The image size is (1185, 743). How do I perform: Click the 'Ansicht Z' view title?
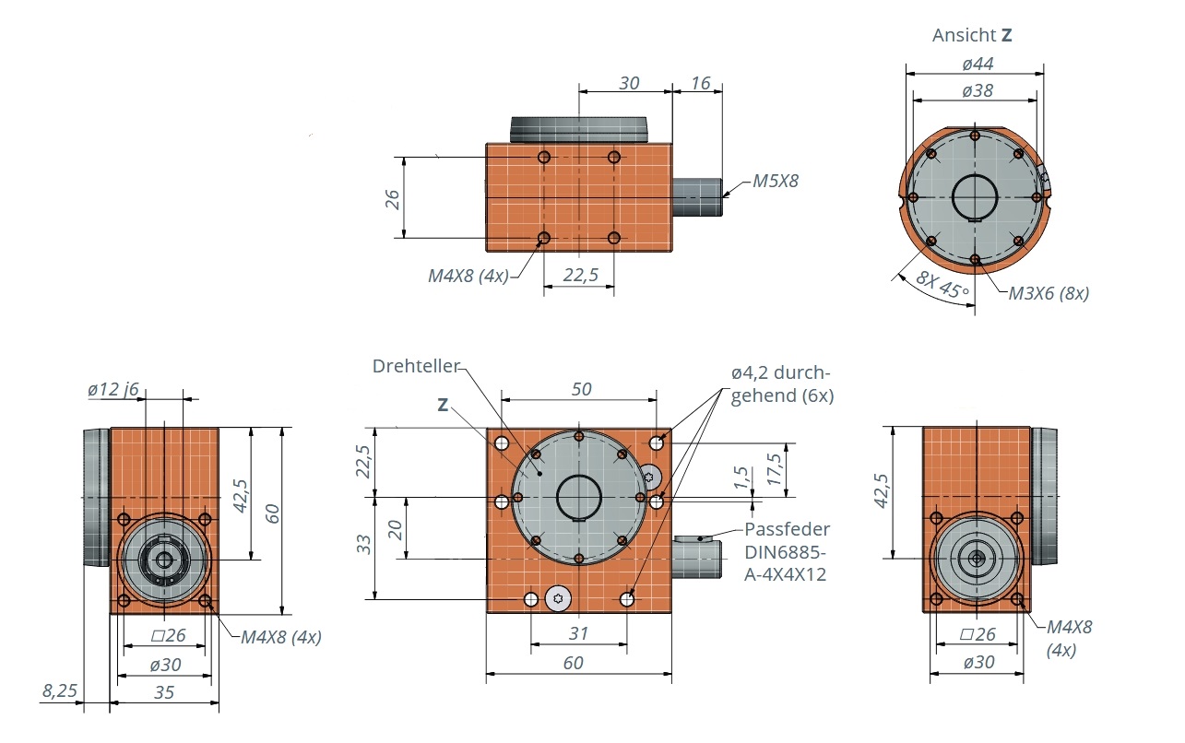(x=972, y=36)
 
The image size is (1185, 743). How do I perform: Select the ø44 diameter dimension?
(x=977, y=64)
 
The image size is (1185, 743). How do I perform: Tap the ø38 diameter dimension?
(x=977, y=90)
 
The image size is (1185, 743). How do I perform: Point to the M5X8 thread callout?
(x=775, y=182)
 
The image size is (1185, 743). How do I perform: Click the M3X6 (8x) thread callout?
(x=1048, y=294)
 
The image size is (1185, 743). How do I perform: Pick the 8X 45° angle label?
(x=943, y=288)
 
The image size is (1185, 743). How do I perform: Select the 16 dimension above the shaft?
(x=700, y=84)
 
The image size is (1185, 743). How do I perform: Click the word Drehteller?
(x=415, y=366)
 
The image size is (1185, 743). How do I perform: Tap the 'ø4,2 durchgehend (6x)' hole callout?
(x=780, y=384)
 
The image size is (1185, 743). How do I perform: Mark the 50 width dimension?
(x=581, y=389)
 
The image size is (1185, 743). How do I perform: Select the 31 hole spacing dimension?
(x=579, y=634)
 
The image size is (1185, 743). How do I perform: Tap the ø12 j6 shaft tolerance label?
(x=113, y=389)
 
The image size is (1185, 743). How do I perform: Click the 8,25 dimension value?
(x=59, y=690)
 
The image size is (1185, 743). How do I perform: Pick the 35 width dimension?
(x=164, y=691)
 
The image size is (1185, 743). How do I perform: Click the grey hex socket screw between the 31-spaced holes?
(x=558, y=599)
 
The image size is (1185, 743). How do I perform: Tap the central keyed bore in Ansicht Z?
(x=975, y=198)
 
